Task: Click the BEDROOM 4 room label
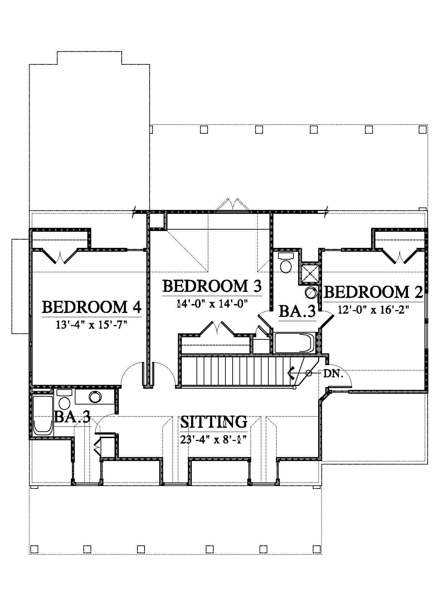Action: (x=92, y=307)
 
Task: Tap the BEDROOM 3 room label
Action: (x=212, y=286)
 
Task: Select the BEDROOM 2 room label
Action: (x=374, y=292)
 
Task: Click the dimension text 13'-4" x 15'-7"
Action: (x=92, y=324)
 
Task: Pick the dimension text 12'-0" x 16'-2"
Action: (x=373, y=309)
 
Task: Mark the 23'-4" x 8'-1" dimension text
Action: (x=213, y=439)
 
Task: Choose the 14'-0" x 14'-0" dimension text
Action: (x=212, y=303)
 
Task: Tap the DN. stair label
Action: (x=333, y=374)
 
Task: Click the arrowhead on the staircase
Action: (x=291, y=373)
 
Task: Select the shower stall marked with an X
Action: (x=310, y=273)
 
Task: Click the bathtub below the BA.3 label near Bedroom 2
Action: (x=294, y=343)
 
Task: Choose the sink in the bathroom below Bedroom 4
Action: (x=95, y=397)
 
